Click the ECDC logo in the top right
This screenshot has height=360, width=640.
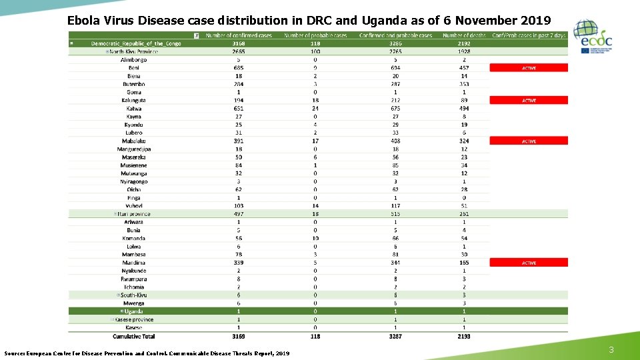coord(593,36)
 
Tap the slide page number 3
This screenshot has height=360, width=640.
coord(611,350)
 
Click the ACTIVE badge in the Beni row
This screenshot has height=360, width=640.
coord(529,68)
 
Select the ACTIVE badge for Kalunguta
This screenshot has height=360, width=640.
coord(529,101)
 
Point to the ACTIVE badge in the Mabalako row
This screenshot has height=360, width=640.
coord(529,141)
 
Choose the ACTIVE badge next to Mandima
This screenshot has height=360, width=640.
coord(529,263)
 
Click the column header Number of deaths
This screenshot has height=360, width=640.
coord(464,35)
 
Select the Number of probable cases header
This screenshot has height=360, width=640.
coord(315,35)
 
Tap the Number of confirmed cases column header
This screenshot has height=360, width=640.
coord(239,35)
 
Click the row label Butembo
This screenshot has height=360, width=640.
coord(134,84)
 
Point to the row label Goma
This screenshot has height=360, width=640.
coord(134,92)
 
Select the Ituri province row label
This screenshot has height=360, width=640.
coord(134,214)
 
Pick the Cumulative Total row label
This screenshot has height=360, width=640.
coord(133,337)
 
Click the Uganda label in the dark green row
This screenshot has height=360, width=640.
coord(133,311)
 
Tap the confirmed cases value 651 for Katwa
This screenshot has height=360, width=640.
coord(239,109)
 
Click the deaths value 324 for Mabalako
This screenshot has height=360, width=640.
coord(464,141)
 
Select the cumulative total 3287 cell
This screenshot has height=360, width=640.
coord(395,337)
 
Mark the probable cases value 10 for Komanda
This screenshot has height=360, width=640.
coord(315,238)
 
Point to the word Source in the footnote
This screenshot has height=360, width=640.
coord(16,353)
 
